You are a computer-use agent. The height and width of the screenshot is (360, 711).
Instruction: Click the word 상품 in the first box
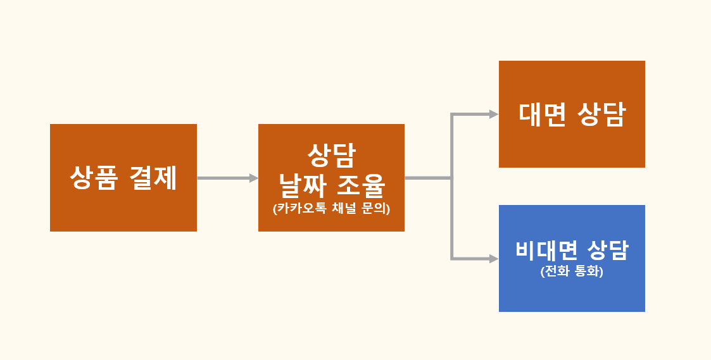(94, 178)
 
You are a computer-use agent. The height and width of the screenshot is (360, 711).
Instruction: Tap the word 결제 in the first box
(153, 178)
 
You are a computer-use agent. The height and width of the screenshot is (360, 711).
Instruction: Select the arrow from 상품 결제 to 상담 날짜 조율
(228, 178)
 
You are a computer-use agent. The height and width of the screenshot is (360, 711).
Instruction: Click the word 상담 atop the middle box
(332, 156)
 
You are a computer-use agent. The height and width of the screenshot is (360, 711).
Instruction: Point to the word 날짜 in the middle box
(303, 185)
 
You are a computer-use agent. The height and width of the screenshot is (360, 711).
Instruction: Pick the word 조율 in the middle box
(362, 185)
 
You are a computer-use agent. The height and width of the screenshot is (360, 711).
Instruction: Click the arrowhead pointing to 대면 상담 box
(494, 115)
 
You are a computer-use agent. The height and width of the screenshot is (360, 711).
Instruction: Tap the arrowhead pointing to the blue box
(494, 259)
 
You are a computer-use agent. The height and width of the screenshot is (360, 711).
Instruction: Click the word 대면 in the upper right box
(542, 115)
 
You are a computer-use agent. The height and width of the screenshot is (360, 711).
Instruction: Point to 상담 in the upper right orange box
(601, 115)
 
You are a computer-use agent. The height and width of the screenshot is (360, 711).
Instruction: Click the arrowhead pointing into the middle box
(254, 178)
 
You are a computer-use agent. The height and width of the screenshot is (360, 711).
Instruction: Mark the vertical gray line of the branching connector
(452, 187)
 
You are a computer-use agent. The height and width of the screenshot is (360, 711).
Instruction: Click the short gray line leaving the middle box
(428, 178)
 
